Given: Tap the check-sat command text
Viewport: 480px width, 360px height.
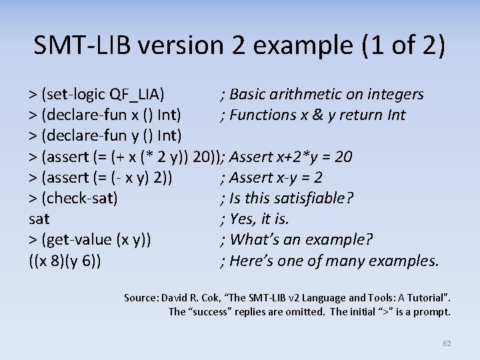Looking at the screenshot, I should [x=79, y=198].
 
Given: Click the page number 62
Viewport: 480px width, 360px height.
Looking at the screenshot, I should [x=447, y=343].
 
